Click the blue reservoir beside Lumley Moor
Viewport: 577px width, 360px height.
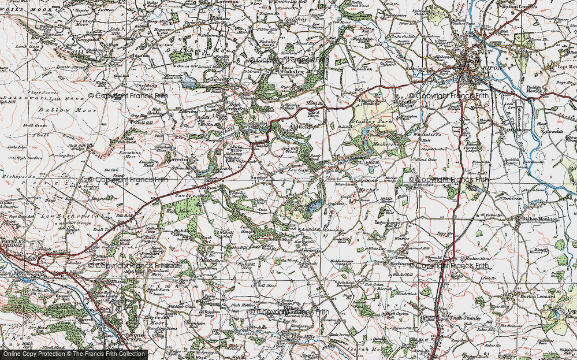point(189,83)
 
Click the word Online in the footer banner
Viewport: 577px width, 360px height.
point(12,354)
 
